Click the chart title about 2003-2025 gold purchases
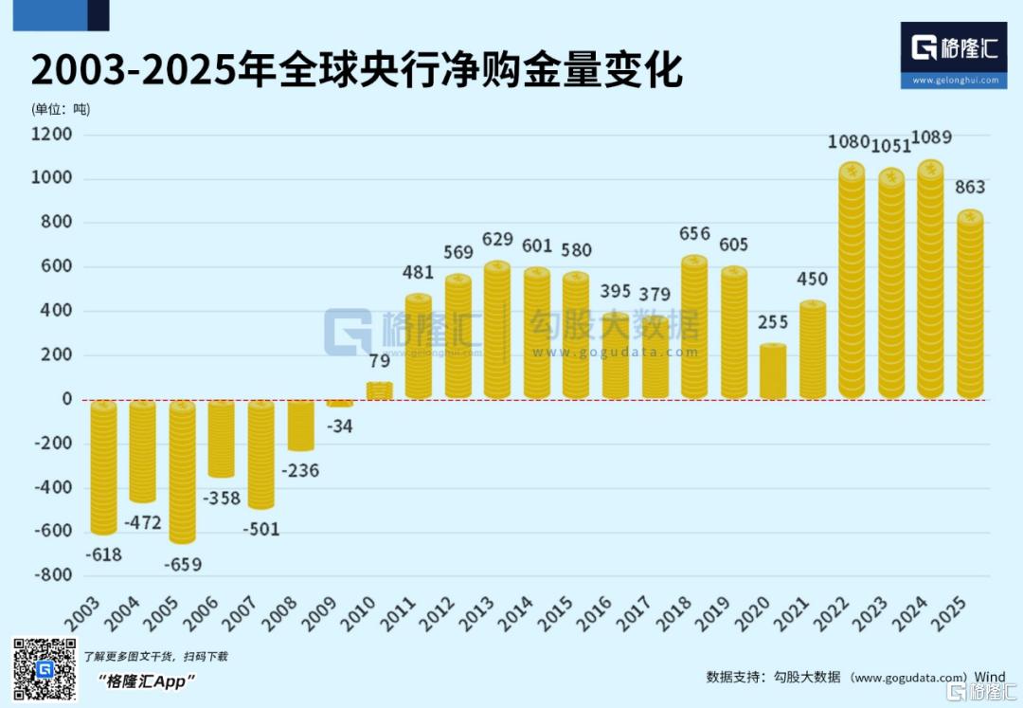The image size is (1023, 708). tap(357, 71)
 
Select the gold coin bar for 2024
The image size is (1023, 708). tap(930, 281)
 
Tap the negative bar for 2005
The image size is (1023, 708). tap(183, 471)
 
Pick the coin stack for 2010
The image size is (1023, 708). tap(380, 390)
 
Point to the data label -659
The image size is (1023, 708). tap(182, 564)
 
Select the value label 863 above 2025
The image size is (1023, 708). tap(969, 187)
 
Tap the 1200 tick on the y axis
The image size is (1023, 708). tap(53, 135)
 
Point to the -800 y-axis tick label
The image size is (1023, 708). tap(53, 575)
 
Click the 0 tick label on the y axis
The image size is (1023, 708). tap(67, 399)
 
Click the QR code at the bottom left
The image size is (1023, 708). tap(44, 669)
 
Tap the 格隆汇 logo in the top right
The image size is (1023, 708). tap(954, 55)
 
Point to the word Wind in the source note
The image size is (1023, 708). tap(990, 677)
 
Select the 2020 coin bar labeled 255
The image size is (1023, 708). tap(773, 372)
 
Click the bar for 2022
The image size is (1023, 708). tap(852, 281)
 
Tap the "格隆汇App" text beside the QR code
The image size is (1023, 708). tap(146, 681)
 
